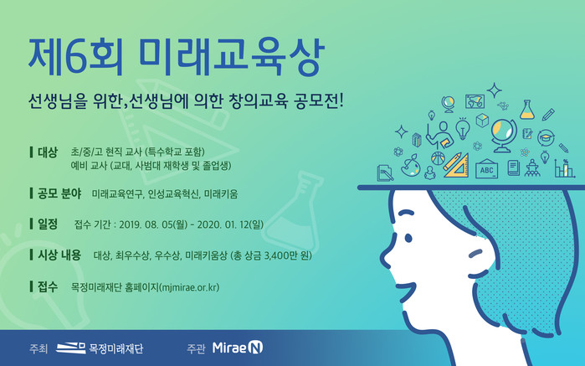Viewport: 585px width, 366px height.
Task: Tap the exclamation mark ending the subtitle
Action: pos(340,101)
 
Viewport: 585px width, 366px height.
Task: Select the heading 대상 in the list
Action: pos(48,152)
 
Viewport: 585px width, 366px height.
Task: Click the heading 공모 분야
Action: pos(59,193)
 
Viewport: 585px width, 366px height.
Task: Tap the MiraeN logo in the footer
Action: pos(238,348)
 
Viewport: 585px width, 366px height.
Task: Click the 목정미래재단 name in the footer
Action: pos(116,348)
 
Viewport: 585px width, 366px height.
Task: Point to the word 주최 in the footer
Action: pos(38,348)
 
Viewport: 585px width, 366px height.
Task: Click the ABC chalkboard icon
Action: pos(486,168)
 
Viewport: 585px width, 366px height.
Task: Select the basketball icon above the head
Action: pos(438,158)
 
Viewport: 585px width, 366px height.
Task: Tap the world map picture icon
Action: pos(475,101)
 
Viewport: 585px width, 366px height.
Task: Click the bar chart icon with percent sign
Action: pos(563,168)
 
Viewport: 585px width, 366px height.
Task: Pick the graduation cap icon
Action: pos(546,137)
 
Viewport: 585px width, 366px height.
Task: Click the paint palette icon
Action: pos(411,166)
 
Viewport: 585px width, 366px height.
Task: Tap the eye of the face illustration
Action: pos(408,238)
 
